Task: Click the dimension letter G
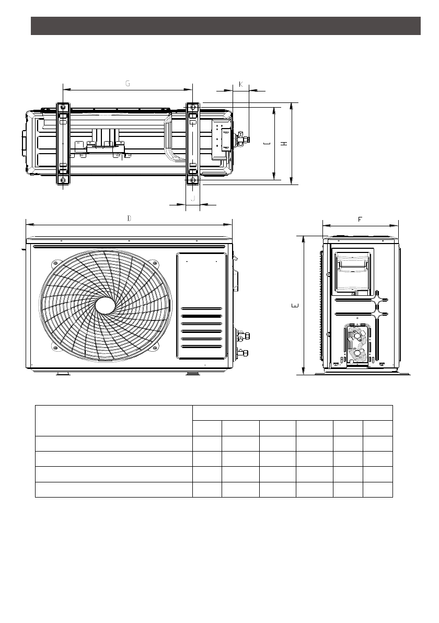click(128, 84)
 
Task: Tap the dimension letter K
click(241, 84)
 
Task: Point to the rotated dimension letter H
click(284, 143)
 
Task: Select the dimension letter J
click(193, 198)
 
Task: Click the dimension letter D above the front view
click(129, 218)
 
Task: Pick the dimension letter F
click(360, 220)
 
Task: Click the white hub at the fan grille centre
click(105, 306)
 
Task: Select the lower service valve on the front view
click(242, 352)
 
